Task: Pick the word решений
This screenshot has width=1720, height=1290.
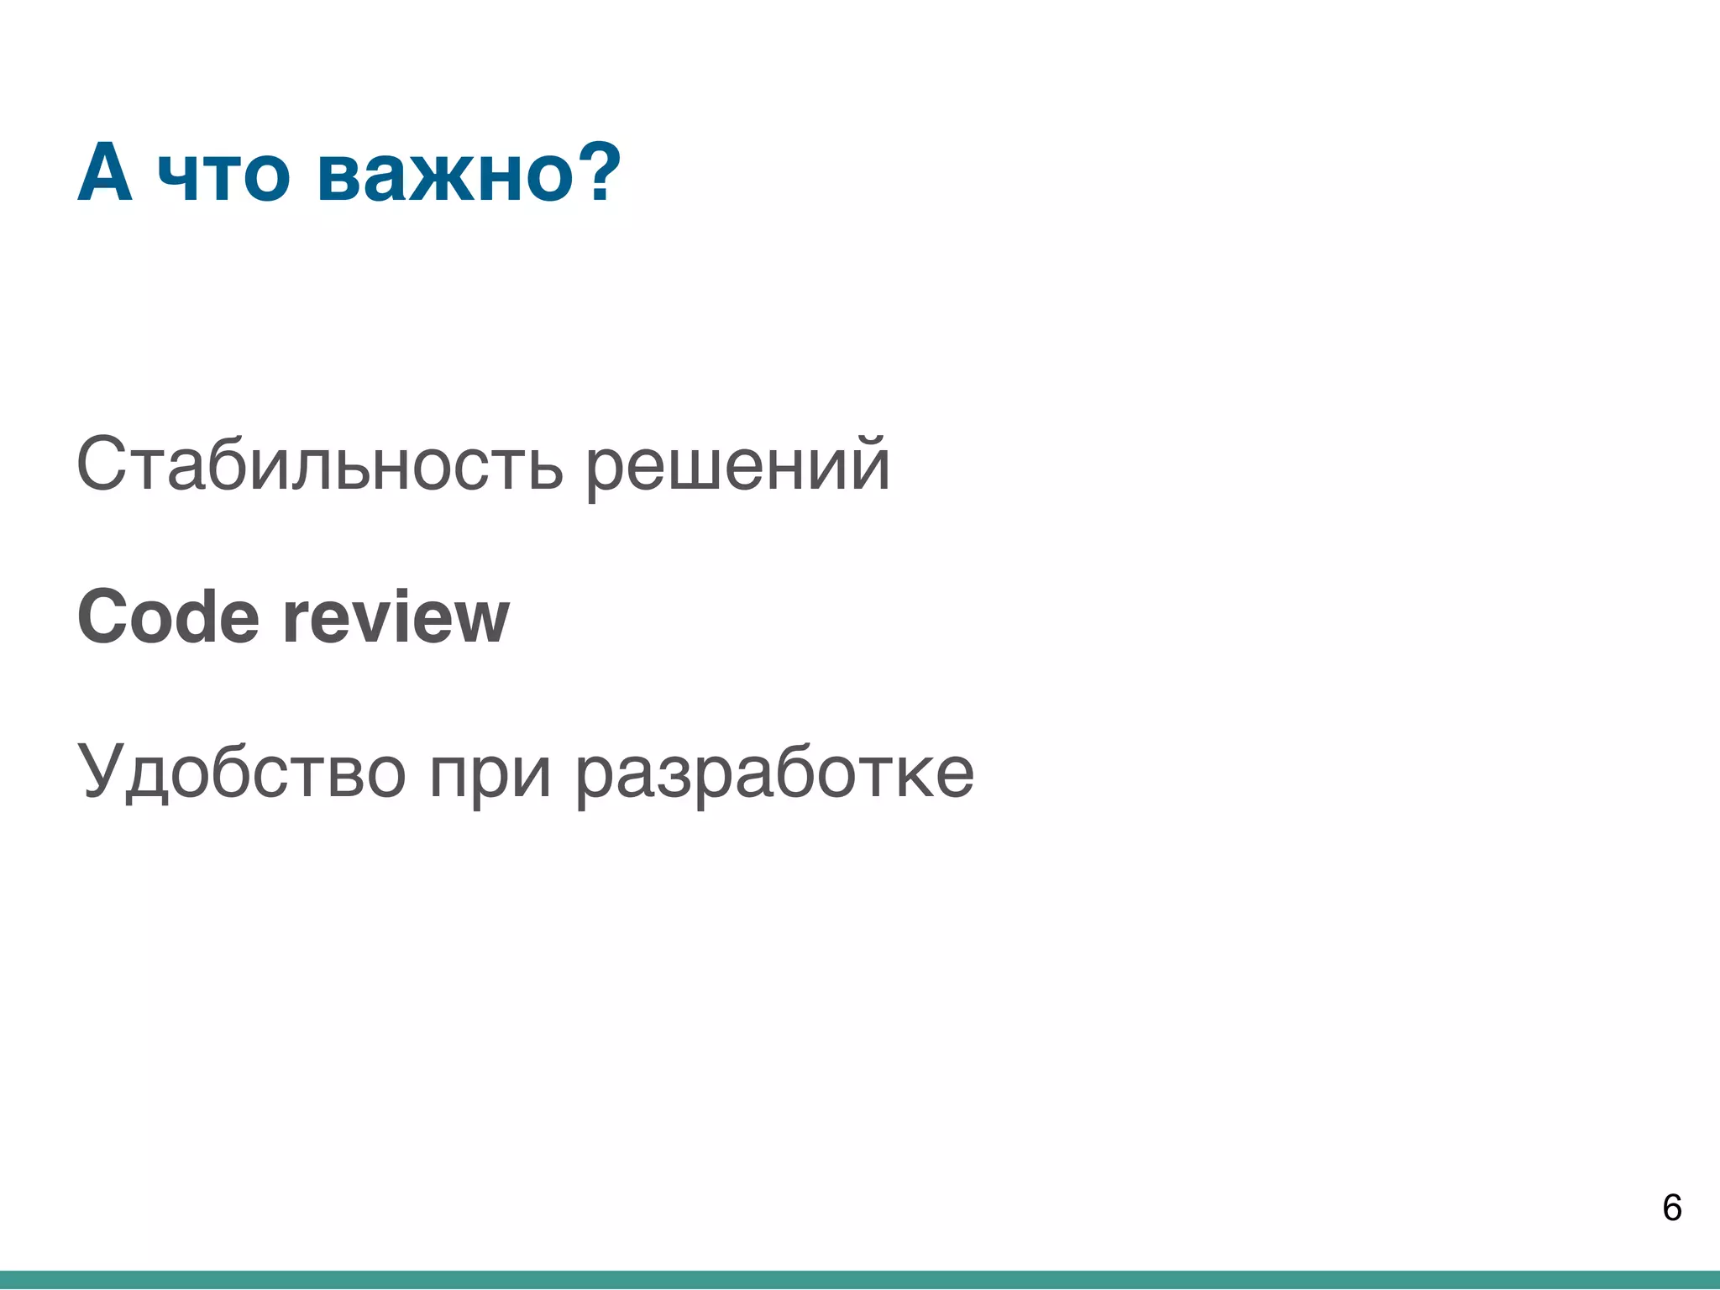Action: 737,467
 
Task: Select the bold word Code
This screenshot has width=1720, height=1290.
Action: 168,617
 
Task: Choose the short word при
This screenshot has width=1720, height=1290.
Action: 490,774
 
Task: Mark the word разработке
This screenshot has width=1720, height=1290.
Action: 774,774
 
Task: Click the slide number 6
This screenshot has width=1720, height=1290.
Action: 1671,1208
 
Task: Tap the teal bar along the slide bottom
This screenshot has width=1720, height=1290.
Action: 860,1280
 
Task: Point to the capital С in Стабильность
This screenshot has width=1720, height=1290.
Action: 102,464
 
